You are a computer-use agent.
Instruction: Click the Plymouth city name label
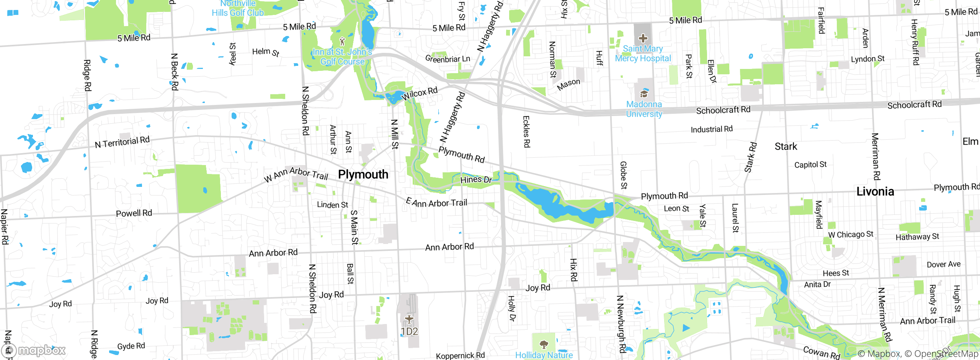click(363, 175)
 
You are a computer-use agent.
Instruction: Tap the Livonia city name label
click(875, 191)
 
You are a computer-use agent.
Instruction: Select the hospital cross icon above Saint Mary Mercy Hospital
click(643, 38)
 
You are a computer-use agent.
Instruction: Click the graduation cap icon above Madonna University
click(644, 94)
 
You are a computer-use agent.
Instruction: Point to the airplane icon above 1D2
click(409, 319)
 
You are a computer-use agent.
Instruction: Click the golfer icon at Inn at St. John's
click(342, 41)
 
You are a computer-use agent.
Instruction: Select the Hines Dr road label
click(476, 180)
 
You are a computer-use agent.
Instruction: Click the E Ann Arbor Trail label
click(436, 203)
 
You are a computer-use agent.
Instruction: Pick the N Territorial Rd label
click(122, 142)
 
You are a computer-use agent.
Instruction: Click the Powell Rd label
click(134, 213)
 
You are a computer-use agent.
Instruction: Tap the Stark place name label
click(786, 147)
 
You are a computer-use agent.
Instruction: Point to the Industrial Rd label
click(711, 129)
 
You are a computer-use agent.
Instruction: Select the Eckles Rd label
click(526, 132)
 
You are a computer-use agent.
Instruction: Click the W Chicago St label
click(851, 234)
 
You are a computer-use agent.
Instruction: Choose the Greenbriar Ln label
click(448, 59)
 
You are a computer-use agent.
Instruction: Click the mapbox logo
click(34, 350)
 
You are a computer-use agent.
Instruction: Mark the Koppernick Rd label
click(460, 355)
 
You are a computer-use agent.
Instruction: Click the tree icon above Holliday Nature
click(544, 344)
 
